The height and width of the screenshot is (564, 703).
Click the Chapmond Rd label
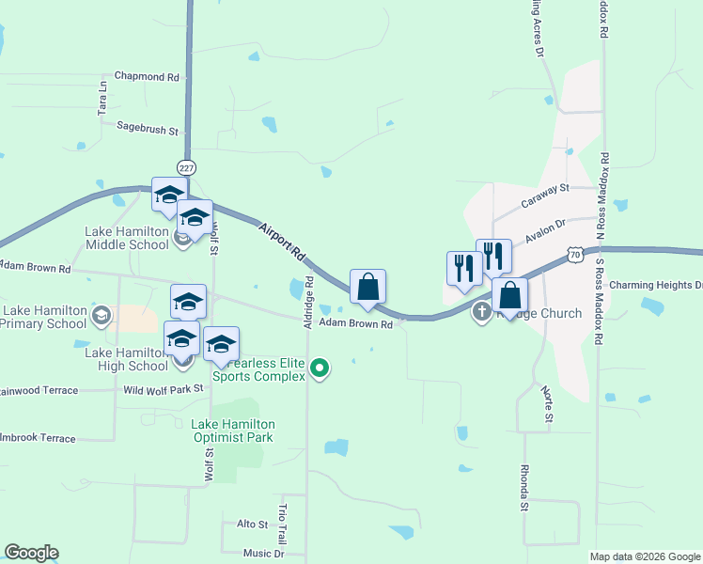coord(146,76)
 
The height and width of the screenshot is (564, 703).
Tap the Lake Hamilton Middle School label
coord(127,238)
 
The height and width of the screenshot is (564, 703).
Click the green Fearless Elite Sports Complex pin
coord(320,368)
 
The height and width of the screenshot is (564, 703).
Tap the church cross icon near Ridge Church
coord(482,311)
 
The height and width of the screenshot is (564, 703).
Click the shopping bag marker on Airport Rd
coord(367,287)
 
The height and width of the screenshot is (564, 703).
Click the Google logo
coord(31,553)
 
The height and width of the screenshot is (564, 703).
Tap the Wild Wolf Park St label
coord(164,388)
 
